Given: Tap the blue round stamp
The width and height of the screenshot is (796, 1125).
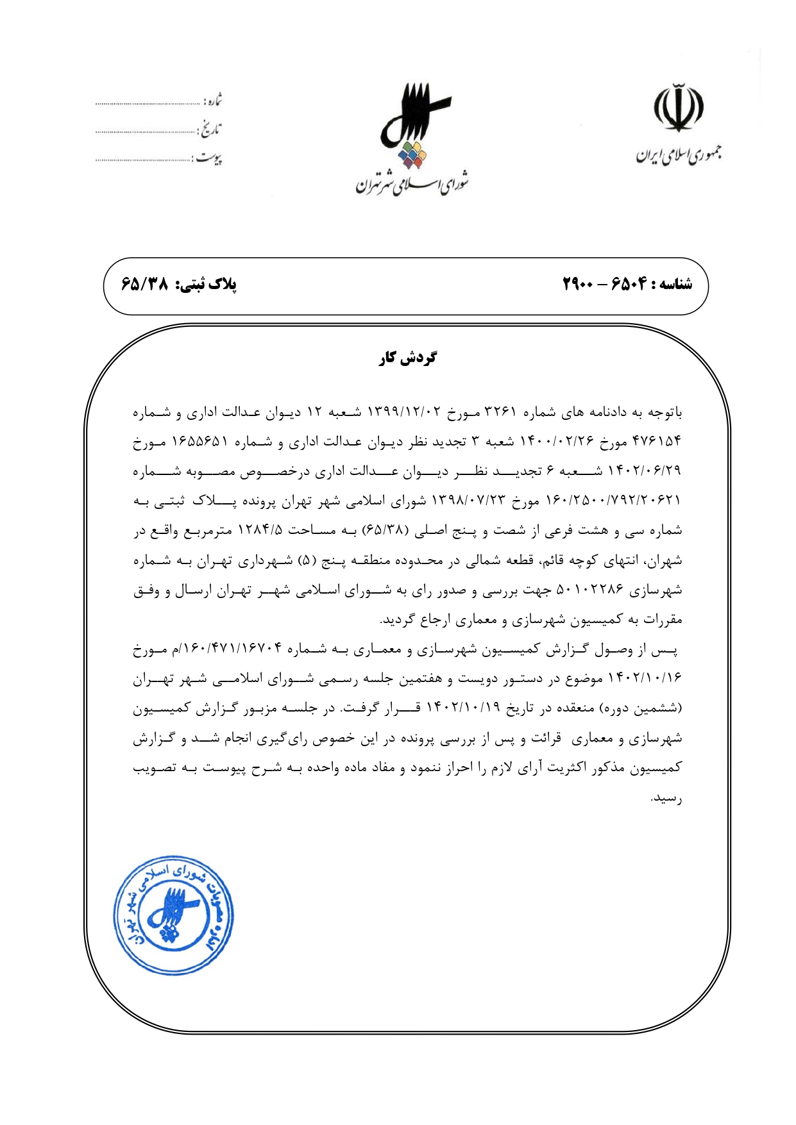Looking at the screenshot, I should pyautogui.click(x=173, y=915).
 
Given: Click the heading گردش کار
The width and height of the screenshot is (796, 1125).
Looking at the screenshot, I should pyautogui.click(x=407, y=358).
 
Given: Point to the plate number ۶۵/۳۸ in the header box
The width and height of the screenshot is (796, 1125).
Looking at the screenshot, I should pyautogui.click(x=144, y=284).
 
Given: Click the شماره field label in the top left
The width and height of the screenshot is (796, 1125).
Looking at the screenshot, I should pyautogui.click(x=212, y=101).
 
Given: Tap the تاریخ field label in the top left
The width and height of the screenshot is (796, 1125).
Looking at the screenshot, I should pyautogui.click(x=210, y=130).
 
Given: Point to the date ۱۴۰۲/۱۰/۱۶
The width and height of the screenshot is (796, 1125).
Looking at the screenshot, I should pyautogui.click(x=650, y=678).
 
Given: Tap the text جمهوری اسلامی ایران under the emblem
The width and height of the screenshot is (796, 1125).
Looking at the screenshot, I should pyautogui.click(x=678, y=154).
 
